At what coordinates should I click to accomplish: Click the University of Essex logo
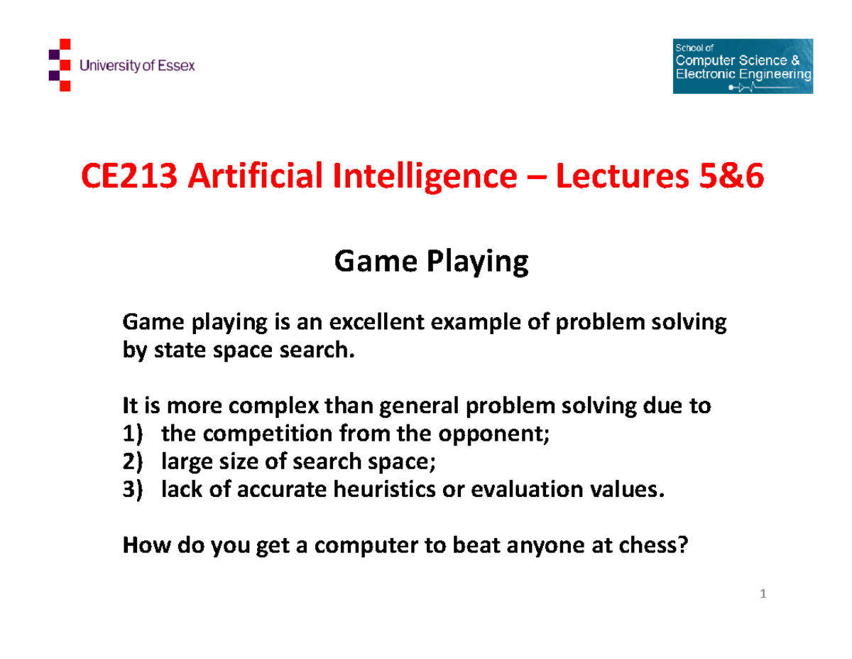coord(121,66)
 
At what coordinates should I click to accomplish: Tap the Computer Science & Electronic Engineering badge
coord(742,66)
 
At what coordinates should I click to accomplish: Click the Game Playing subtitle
coord(431,263)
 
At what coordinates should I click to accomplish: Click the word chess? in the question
coord(653,546)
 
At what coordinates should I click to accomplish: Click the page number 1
coord(762,594)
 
